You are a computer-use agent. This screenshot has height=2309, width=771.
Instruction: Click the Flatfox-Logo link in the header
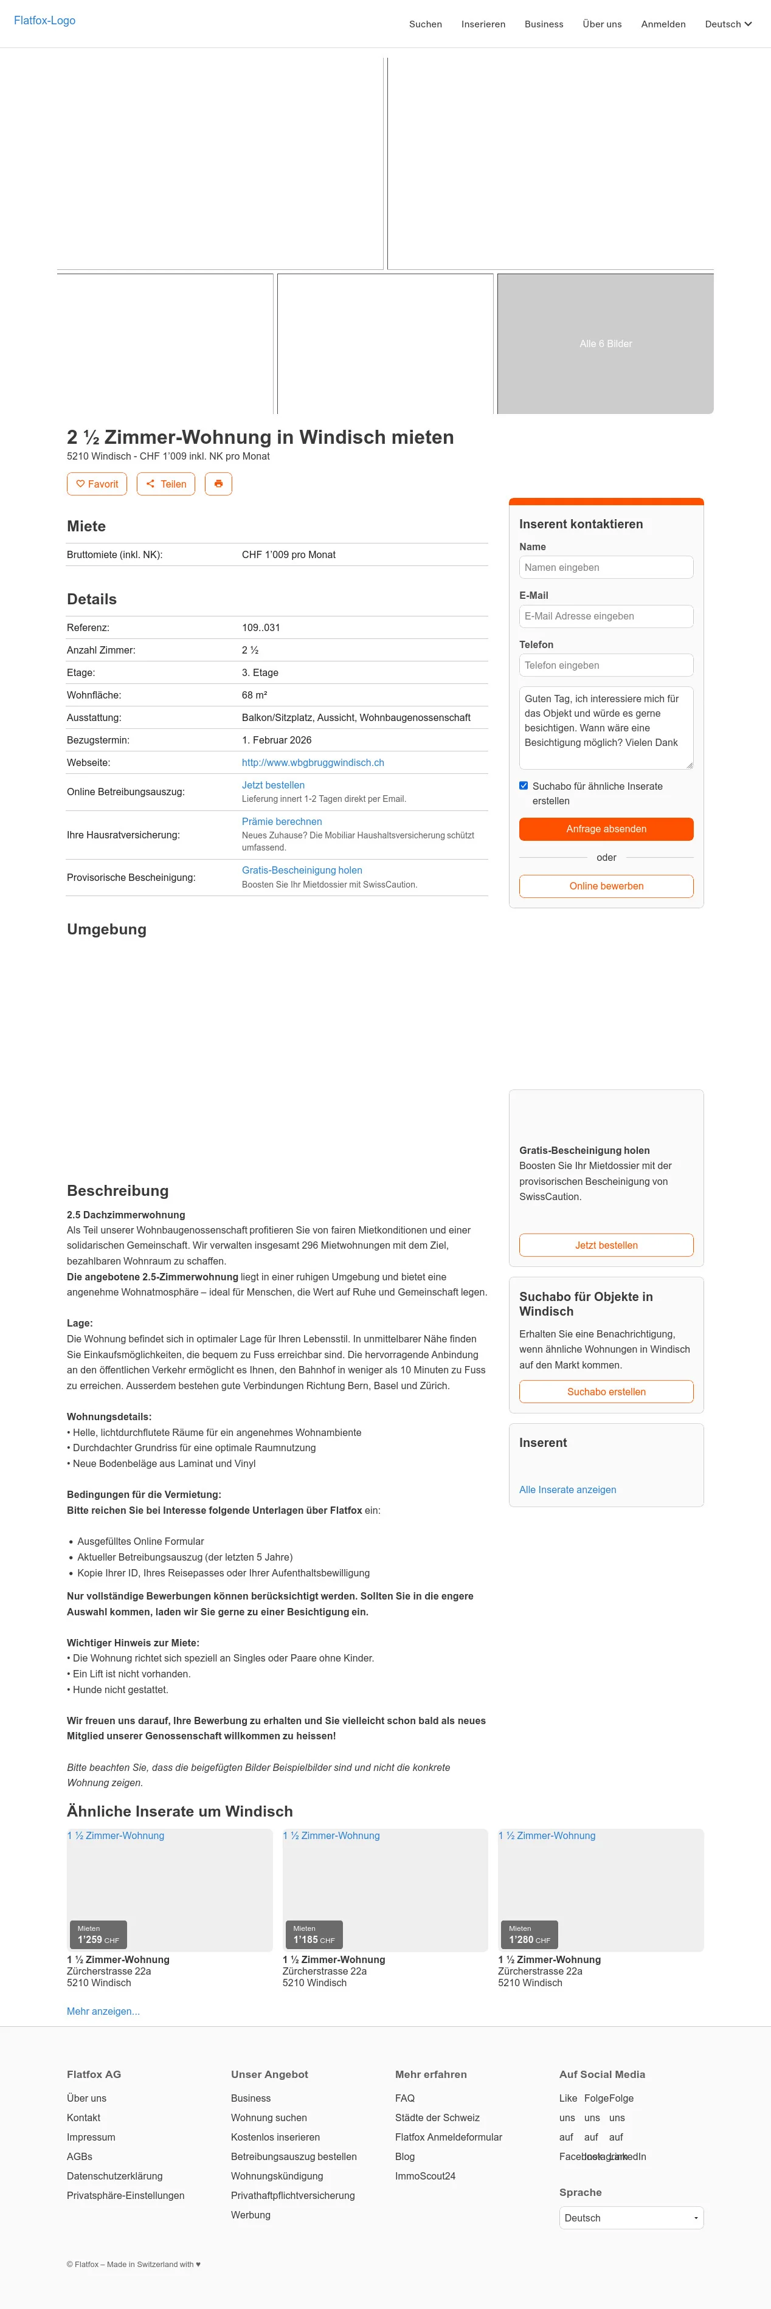click(x=45, y=21)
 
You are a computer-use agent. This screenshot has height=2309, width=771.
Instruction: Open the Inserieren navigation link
click(x=483, y=24)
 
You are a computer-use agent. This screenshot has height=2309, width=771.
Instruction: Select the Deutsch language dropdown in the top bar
click(x=728, y=24)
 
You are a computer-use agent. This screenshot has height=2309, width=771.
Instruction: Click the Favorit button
click(x=97, y=484)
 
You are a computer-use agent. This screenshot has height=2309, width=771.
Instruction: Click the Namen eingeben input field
click(x=606, y=567)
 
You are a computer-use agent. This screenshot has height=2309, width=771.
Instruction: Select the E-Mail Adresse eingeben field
click(x=606, y=616)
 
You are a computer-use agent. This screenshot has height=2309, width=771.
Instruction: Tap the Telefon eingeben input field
click(x=606, y=665)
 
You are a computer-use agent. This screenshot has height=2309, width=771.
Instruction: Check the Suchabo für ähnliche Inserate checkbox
click(x=524, y=786)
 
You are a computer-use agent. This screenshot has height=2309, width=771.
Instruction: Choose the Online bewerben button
click(x=606, y=886)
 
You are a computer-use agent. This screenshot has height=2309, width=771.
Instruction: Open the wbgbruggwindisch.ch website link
click(x=313, y=763)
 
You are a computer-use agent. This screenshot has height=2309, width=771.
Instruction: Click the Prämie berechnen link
click(x=282, y=822)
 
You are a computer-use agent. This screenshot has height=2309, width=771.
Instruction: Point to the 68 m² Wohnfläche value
click(x=255, y=695)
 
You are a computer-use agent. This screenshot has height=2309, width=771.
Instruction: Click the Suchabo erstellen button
click(x=606, y=1392)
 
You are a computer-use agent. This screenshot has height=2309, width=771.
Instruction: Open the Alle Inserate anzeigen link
click(x=567, y=1489)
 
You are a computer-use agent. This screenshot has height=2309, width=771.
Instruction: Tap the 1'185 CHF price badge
click(x=313, y=1935)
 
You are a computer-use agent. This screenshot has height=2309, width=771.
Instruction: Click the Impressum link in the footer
click(x=91, y=2137)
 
